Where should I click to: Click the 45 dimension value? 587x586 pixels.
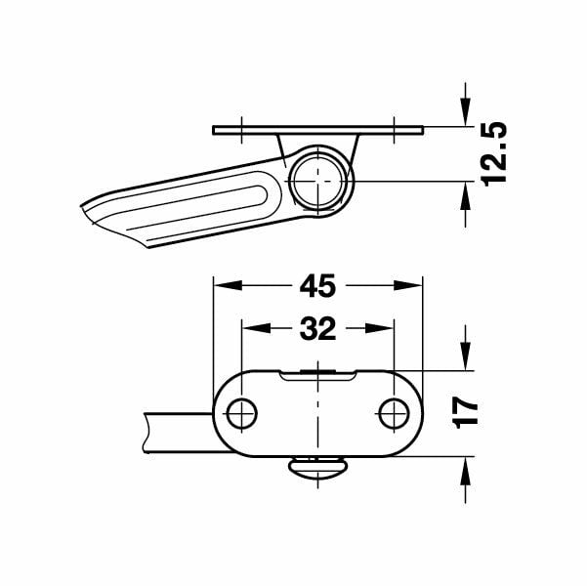tap(317, 286)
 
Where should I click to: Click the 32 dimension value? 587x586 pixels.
tap(317, 329)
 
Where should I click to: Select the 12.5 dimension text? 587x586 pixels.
tap(494, 154)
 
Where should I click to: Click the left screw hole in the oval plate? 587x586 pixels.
tap(242, 414)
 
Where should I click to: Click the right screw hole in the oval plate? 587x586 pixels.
tap(394, 414)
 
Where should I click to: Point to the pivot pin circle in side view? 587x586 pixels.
tap(317, 182)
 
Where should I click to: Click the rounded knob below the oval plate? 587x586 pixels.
tap(317, 467)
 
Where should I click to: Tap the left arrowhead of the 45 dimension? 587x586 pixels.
tap(228, 286)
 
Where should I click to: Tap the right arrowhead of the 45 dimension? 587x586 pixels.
tap(408, 286)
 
